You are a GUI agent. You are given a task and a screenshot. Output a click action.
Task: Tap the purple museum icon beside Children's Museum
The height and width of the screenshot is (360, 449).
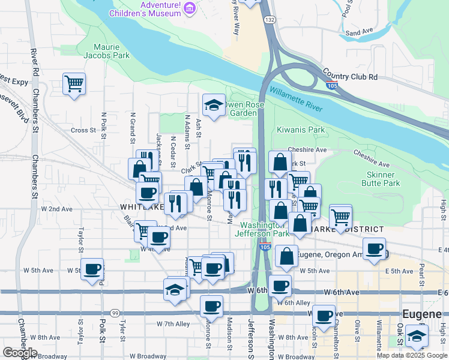(x=190, y=8)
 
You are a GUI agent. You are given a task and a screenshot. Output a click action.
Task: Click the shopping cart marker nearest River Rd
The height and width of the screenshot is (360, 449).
(x=74, y=83)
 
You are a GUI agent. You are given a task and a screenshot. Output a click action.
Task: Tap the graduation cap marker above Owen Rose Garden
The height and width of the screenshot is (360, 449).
(x=214, y=106)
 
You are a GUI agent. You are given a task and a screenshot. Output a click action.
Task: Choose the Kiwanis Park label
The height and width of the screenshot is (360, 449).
(x=301, y=130)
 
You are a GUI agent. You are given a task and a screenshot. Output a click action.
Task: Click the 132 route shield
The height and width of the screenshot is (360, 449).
(x=271, y=20)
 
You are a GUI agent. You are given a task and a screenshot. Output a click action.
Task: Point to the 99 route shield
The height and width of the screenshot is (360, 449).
(x=114, y=313)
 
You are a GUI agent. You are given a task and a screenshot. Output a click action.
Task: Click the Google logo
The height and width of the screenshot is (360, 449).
(x=20, y=353)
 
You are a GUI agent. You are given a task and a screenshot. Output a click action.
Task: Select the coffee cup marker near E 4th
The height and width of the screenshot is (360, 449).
(x=375, y=248)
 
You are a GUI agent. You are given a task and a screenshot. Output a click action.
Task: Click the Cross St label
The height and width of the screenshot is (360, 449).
(x=83, y=130)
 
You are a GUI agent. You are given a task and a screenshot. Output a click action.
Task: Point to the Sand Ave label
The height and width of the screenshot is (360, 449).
(x=360, y=32)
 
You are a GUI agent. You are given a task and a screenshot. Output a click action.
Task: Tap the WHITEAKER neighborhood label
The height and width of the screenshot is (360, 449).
(x=142, y=206)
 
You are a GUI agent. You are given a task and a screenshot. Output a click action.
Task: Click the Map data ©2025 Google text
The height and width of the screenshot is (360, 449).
(x=412, y=355)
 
